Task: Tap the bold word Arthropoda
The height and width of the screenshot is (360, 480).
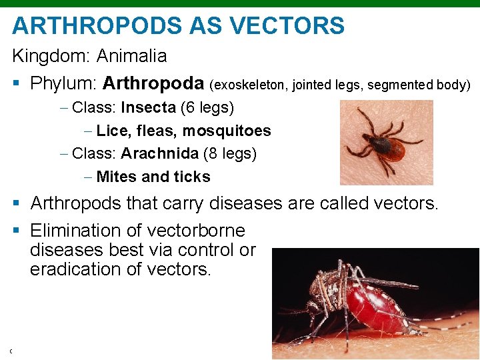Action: tap(154, 83)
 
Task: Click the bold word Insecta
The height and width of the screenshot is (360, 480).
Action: tap(148, 107)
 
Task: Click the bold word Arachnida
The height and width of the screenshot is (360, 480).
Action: tap(159, 153)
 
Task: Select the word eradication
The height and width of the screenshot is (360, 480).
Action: tap(75, 269)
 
